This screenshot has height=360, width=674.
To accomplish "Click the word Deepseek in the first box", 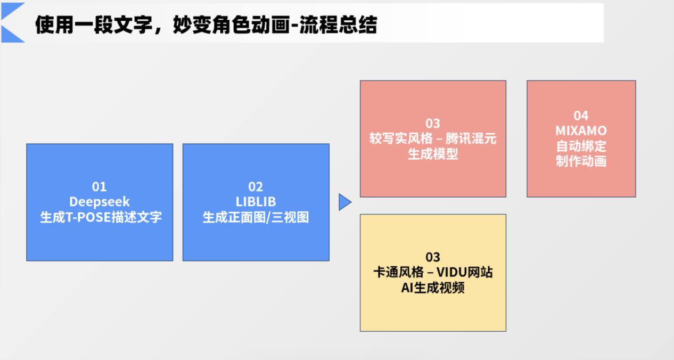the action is [100, 202].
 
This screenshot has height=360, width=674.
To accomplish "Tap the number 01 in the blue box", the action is [100, 187].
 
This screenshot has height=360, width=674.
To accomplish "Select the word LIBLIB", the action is [256, 202].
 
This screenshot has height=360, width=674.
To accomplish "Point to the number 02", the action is [256, 187].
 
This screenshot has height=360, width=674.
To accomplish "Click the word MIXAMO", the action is [581, 130].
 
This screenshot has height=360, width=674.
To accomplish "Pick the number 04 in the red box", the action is [581, 116].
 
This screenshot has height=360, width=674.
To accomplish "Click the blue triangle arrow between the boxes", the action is [345, 202].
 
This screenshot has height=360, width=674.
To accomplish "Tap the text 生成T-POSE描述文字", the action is [101, 217].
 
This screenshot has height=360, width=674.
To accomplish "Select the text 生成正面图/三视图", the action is [256, 217].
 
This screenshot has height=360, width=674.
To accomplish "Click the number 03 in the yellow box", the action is [433, 257].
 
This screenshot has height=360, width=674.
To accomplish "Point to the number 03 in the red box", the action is [433, 124].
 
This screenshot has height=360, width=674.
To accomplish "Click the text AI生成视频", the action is [433, 288].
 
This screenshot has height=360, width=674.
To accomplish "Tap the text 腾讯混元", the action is [471, 139].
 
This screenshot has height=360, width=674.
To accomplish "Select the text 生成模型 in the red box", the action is [433, 154].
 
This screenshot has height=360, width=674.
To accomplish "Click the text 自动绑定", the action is [581, 146].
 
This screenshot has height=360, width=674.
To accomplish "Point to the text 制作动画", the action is [581, 161].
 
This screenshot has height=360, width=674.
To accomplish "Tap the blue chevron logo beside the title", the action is [13, 22].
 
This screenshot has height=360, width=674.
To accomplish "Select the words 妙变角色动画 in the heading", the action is [232, 24].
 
